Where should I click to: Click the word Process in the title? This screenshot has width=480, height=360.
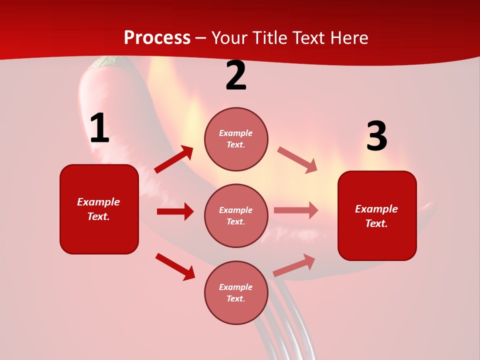click(157, 38)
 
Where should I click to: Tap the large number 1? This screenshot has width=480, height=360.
click(99, 129)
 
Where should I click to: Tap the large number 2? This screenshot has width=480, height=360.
click(236, 76)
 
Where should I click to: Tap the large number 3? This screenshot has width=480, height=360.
click(376, 136)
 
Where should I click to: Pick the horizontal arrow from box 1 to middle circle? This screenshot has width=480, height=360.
click(175, 211)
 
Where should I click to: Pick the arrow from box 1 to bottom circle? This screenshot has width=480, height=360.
click(175, 266)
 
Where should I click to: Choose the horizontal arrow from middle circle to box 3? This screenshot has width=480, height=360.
click(296, 210)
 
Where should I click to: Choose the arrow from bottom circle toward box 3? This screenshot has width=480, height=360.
click(294, 265)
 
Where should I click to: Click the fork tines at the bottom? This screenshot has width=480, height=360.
click(280, 330)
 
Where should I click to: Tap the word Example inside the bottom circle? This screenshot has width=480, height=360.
click(236, 287)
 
